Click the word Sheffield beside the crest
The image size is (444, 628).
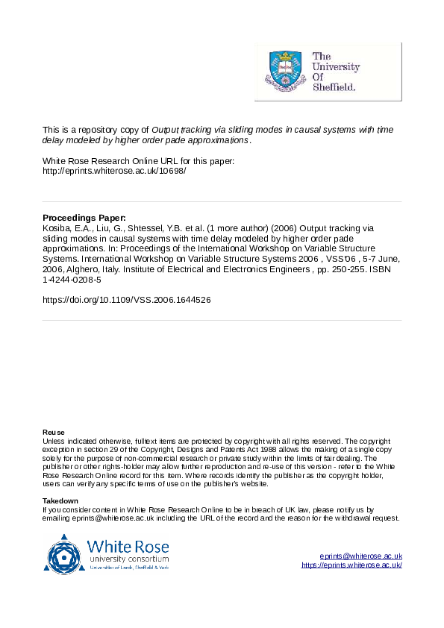334,87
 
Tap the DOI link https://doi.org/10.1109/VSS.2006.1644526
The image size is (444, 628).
127,300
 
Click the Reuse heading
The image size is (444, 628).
54,433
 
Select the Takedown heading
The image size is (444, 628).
60,500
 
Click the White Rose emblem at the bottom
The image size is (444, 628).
65,553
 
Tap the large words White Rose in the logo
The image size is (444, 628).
128,546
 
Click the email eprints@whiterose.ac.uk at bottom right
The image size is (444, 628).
361,556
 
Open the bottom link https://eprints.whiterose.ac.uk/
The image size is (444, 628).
351,565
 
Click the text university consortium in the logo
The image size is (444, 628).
128,559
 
